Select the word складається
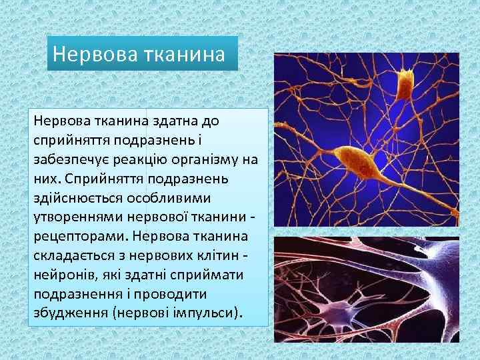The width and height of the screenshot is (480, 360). coord(76,255)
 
